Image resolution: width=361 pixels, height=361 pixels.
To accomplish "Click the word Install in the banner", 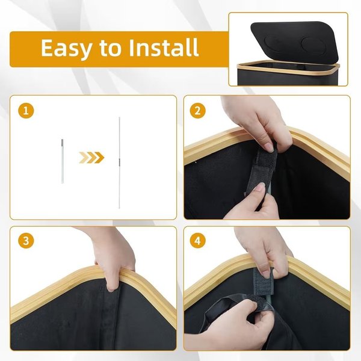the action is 164,48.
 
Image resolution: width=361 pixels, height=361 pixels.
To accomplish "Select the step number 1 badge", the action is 26,111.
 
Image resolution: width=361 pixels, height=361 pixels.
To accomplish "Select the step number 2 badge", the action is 197,111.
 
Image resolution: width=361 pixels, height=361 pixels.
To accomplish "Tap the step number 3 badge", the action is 26,241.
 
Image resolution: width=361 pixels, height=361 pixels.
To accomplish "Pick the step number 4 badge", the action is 197,241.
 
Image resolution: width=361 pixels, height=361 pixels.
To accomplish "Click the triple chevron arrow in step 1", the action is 91,158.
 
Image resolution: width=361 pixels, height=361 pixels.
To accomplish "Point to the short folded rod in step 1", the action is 63,161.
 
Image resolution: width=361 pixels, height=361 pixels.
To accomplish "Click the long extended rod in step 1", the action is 119,163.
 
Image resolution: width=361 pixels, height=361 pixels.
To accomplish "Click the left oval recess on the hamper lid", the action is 276,43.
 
